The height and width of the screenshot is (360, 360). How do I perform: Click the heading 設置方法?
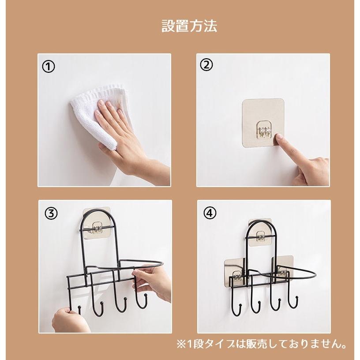189,26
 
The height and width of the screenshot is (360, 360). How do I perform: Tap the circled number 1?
48,66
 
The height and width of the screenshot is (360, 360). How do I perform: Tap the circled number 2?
206,65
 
